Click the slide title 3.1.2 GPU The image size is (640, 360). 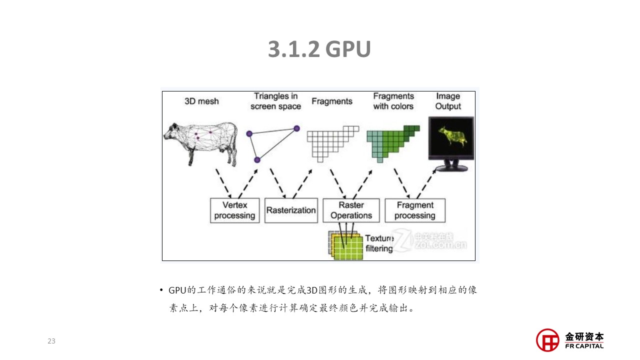click(319, 49)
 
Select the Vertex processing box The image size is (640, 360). click(235, 210)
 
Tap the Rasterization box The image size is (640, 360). click(291, 210)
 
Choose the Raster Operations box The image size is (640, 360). click(351, 210)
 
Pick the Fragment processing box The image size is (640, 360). click(415, 210)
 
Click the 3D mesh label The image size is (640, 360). click(201, 101)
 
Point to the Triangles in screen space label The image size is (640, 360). click(275, 101)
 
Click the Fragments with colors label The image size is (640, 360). click(393, 101)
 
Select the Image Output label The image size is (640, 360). click(448, 101)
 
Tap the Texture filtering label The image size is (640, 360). click(379, 243)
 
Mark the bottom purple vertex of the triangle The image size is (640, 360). click(257, 160)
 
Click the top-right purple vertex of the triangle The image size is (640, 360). click(297, 128)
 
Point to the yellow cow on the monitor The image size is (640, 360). click(453, 135)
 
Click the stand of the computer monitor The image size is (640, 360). click(451, 165)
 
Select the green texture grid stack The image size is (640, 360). click(345, 245)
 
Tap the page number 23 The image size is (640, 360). click(51, 341)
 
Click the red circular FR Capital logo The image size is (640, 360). click(547, 340)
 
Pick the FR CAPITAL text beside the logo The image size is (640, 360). click(584, 346)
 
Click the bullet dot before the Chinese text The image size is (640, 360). click(161, 290)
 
